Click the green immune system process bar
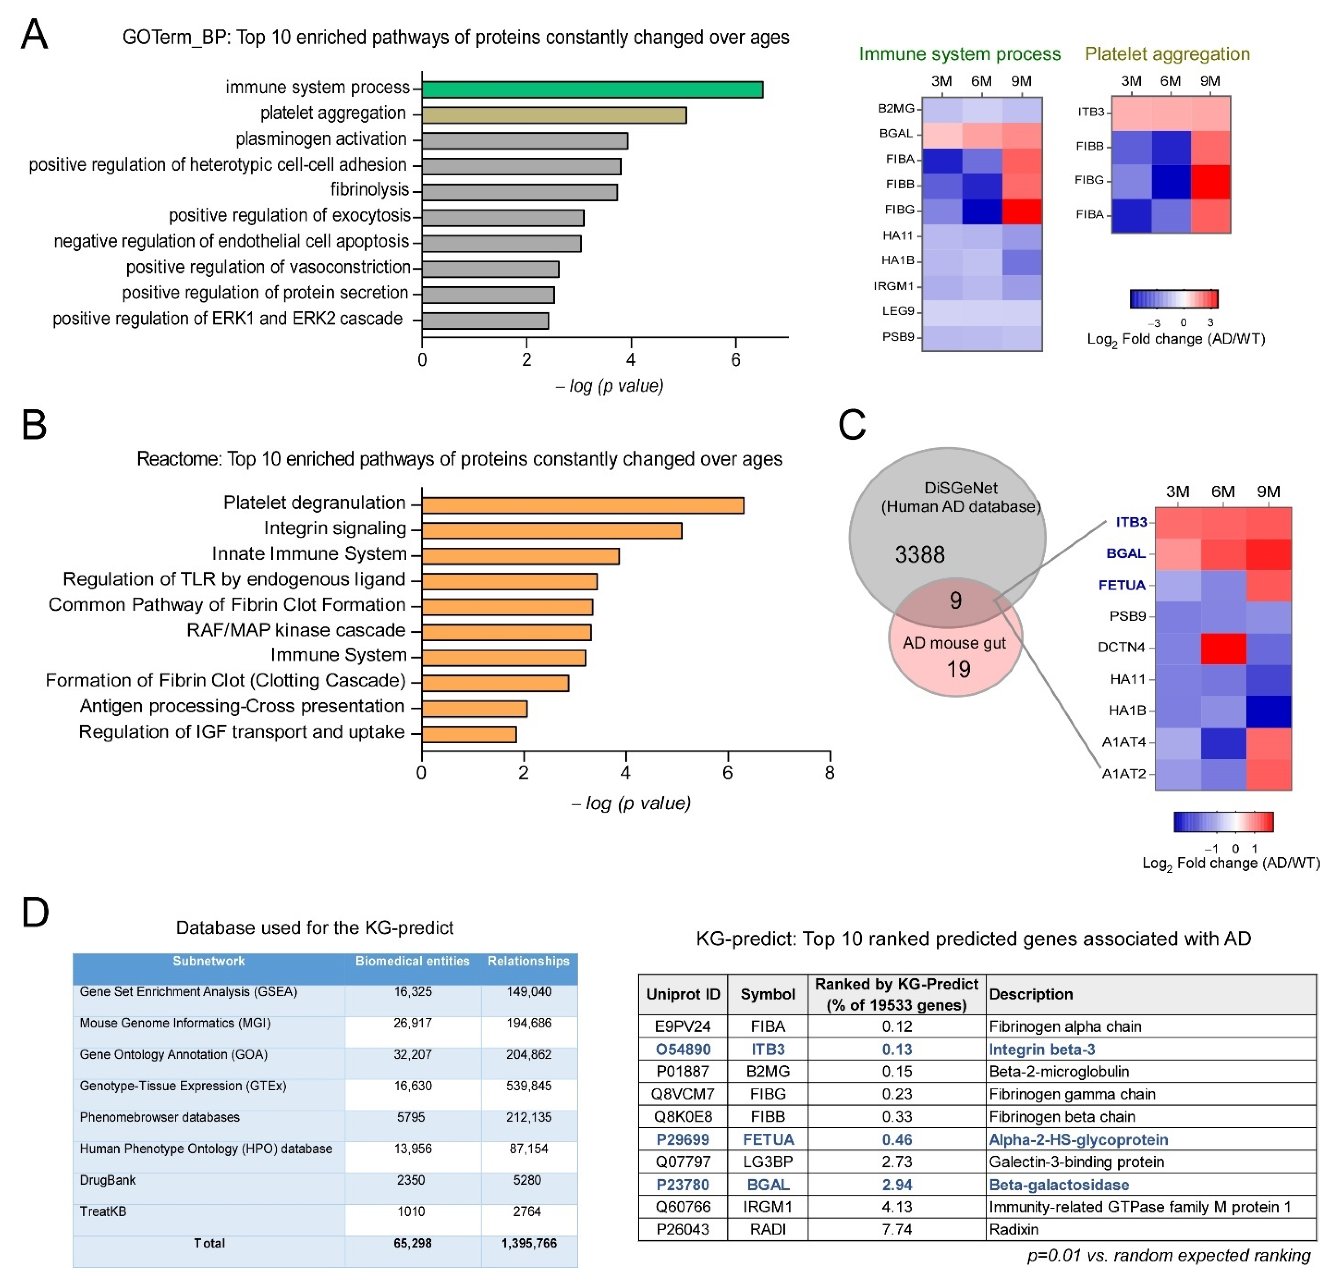(592, 90)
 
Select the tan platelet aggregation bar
(553, 115)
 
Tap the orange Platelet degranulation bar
(582, 505)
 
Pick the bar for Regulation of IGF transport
(469, 734)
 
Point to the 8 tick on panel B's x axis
(830, 773)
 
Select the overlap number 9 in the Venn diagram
(955, 601)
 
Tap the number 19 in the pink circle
(958, 669)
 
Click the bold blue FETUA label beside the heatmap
(1122, 585)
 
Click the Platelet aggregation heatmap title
(1167, 54)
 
